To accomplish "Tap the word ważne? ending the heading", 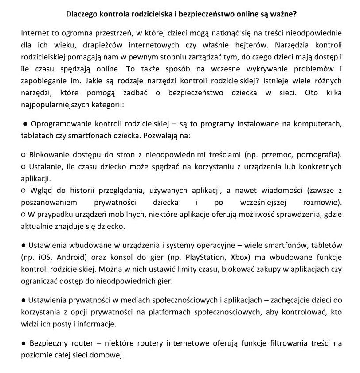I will (x=283, y=14).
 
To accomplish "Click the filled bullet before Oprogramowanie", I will (x=26, y=123).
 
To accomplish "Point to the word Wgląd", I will (x=41, y=191).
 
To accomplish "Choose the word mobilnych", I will (x=141, y=215).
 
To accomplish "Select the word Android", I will (x=73, y=257).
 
